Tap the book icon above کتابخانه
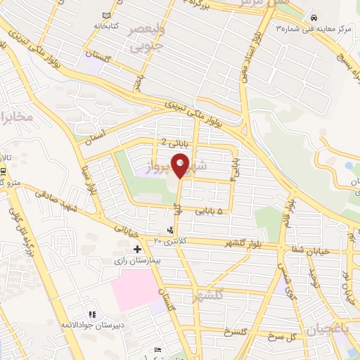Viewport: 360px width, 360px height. pos(107,15)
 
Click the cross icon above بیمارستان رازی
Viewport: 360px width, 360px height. pos(137,249)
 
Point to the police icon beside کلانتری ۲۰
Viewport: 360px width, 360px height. pos(170,230)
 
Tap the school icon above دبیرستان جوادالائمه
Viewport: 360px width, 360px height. pos(91,314)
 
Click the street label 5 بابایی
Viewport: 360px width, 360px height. pos(210,210)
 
